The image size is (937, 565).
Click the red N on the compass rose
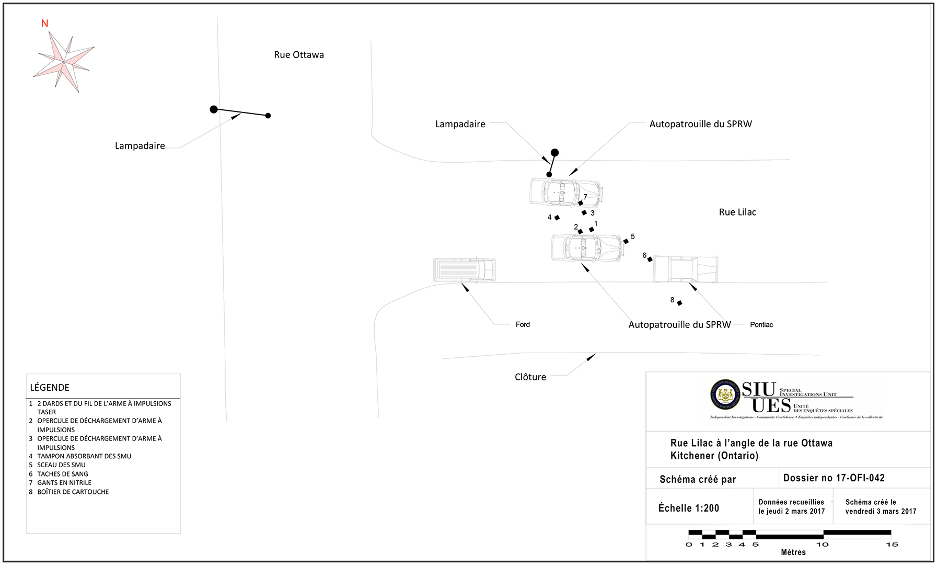click(44, 24)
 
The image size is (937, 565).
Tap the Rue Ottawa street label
click(299, 55)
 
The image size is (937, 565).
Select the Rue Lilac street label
click(737, 212)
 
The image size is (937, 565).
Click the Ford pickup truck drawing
click(464, 269)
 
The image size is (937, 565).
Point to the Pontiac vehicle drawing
click(686, 269)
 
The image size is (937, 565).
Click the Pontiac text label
click(761, 325)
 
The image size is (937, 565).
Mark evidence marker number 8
click(679, 303)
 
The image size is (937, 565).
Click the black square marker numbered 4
click(557, 218)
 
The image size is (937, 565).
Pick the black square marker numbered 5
click(626, 241)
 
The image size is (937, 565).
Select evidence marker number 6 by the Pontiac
click(650, 259)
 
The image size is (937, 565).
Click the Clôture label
click(530, 377)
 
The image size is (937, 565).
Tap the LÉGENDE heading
click(50, 388)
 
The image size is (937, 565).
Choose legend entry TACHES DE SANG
click(63, 474)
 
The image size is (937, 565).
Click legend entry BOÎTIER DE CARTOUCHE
click(73, 492)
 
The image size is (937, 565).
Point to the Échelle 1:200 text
click(689, 508)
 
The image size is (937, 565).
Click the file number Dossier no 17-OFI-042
click(834, 478)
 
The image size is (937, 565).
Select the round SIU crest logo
click(725, 395)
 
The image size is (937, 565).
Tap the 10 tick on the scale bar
click(823, 544)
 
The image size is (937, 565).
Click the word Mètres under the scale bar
click(793, 552)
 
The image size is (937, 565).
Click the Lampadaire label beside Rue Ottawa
click(140, 146)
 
